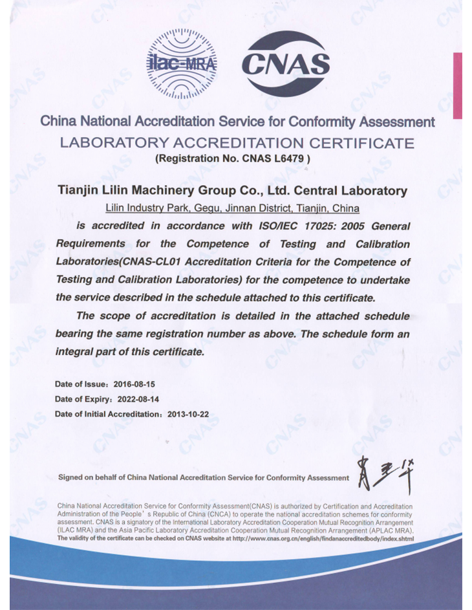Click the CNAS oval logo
tap(285, 64)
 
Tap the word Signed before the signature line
tap(70, 478)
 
